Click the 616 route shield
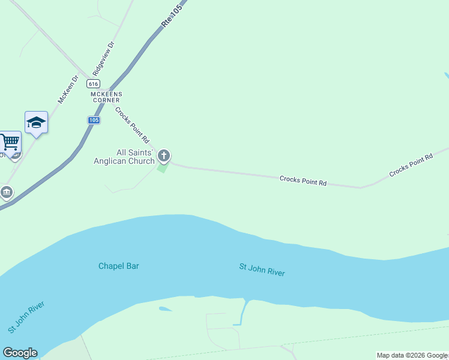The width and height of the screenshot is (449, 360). coord(92,83)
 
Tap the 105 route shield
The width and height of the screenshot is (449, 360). coord(93,120)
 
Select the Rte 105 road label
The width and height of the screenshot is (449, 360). coord(172,13)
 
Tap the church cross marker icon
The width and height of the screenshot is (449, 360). coord(164,157)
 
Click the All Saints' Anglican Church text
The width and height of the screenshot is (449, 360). coord(124,157)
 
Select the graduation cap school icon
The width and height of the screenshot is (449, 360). coord(36,122)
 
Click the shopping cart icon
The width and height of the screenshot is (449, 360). coord(9,143)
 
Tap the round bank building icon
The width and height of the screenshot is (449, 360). coord(7,193)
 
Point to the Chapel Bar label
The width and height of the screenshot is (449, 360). coord(119,266)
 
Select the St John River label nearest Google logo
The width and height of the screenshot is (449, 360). coord(26,317)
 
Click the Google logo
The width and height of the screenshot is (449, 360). coord(20,353)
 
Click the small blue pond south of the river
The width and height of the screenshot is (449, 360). coord(164,310)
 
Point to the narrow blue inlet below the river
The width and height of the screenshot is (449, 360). coord(243,312)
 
